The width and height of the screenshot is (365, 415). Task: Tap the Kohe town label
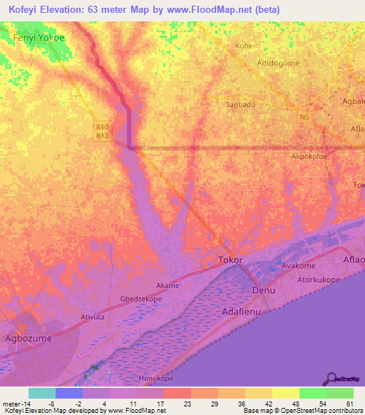coord(244,46)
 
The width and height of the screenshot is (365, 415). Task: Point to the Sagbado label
coord(241,104)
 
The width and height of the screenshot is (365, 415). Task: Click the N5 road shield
coord(305,118)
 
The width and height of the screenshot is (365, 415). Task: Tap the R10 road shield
coord(102,127)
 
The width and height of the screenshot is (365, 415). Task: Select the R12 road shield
coord(102,135)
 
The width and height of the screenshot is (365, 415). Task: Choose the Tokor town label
coord(231,260)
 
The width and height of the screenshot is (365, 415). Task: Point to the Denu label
coord(264,292)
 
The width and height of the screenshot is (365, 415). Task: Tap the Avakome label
coord(298,265)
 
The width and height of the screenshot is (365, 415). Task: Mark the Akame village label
coord(168,285)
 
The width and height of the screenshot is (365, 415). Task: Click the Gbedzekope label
coord(141,300)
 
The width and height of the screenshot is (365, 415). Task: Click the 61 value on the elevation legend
coord(349,402)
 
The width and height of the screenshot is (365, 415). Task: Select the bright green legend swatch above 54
coord(312,393)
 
